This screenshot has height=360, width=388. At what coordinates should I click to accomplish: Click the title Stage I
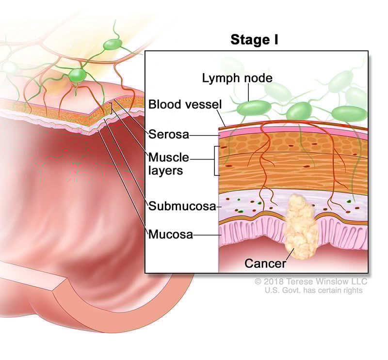pyautogui.click(x=254, y=40)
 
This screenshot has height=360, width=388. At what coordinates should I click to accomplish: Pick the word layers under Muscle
pyautogui.click(x=166, y=170)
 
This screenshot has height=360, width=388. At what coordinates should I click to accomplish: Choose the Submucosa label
pyautogui.click(x=182, y=206)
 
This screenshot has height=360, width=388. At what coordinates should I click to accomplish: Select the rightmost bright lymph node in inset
pyautogui.click(x=348, y=113)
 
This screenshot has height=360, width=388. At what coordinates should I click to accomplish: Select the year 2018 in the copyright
pyautogui.click(x=274, y=282)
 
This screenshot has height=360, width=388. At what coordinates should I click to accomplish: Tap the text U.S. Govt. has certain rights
pyautogui.click(x=313, y=290)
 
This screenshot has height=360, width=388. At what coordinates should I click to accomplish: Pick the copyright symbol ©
pyautogui.click(x=258, y=282)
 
